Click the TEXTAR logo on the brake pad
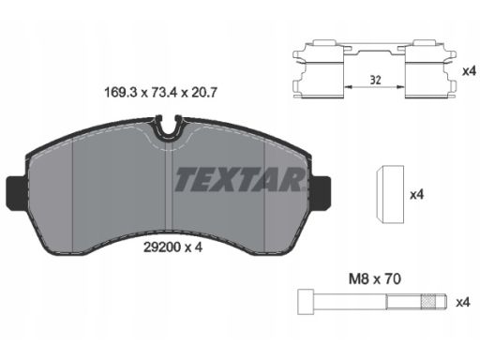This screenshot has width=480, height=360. click(x=240, y=179)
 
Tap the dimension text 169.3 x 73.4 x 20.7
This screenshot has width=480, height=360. click(x=160, y=93)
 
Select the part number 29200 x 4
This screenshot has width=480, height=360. click(x=172, y=247)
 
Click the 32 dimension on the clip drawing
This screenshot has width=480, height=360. click(x=375, y=81)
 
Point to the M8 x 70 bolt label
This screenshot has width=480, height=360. click(x=374, y=278)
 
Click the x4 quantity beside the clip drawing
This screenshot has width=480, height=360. click(x=469, y=71)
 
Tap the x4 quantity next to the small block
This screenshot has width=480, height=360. click(x=416, y=195)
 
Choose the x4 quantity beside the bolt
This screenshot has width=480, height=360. click(x=463, y=303)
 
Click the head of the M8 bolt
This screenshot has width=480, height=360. click(x=306, y=302)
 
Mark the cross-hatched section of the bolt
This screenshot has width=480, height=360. click(x=427, y=302)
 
